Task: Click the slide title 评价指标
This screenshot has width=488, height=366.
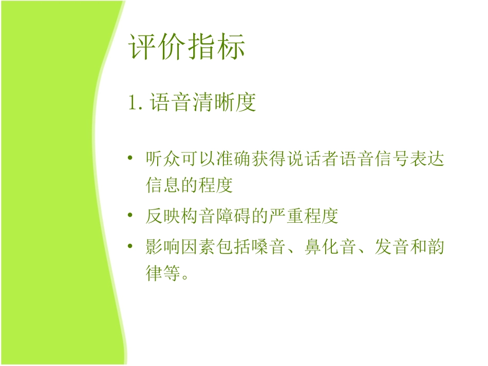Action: pyautogui.click(x=187, y=47)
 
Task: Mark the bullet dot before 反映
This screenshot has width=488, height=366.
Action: pyautogui.click(x=132, y=216)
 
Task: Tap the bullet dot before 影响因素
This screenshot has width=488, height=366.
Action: pyautogui.click(x=132, y=247)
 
